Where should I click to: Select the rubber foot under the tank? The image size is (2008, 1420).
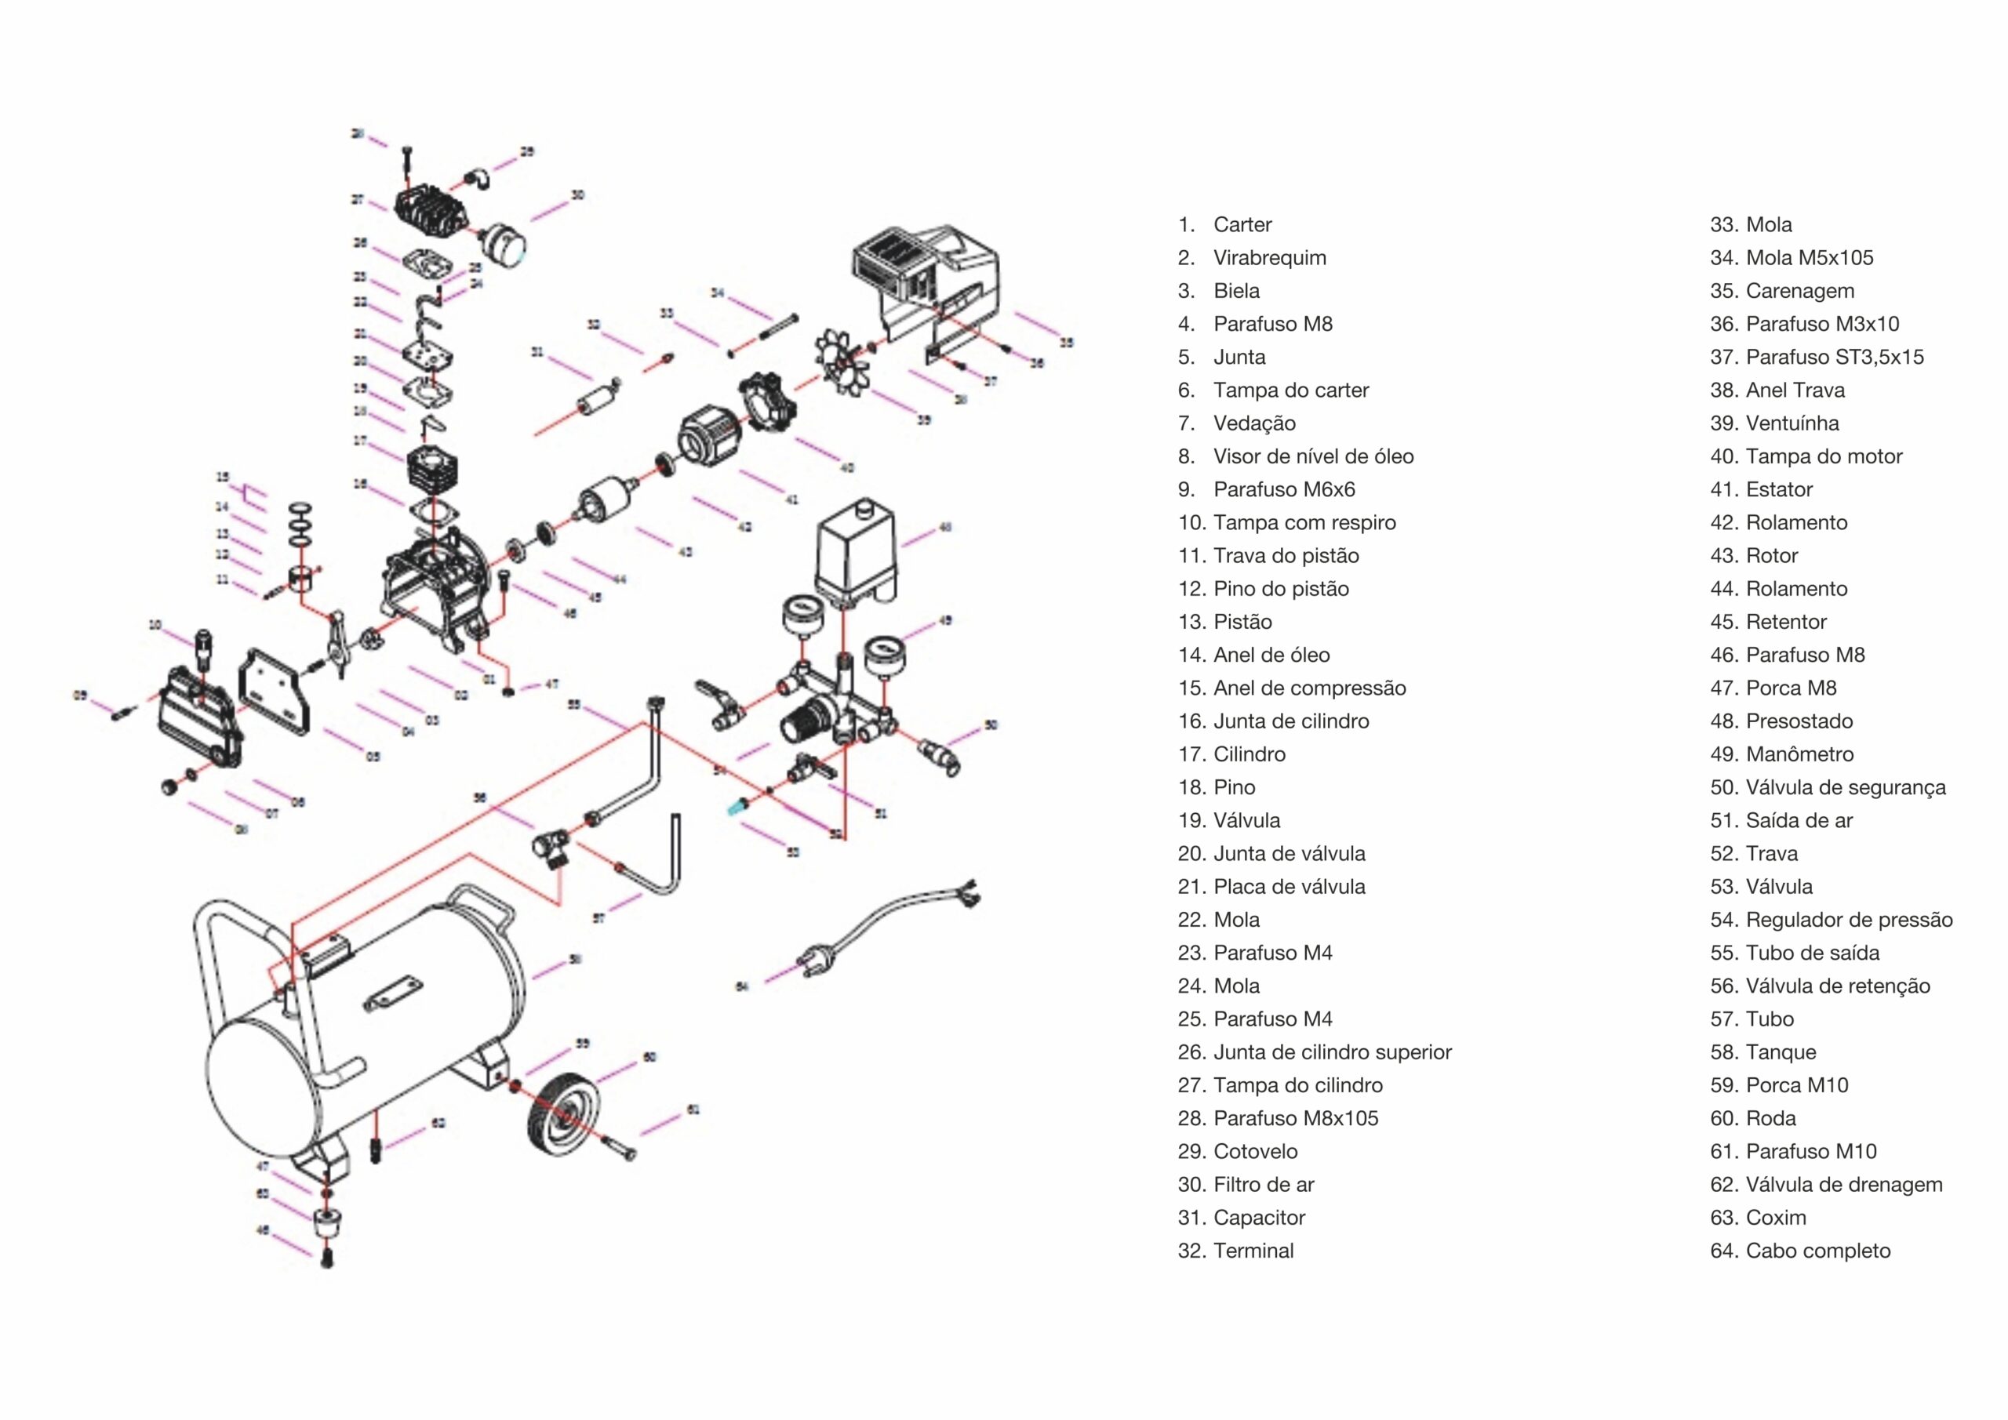(326, 1222)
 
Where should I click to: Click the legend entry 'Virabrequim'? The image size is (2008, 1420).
(1269, 258)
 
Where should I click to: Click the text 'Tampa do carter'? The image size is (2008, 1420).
(1291, 390)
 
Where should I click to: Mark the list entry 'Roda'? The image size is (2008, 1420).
(1770, 1118)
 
